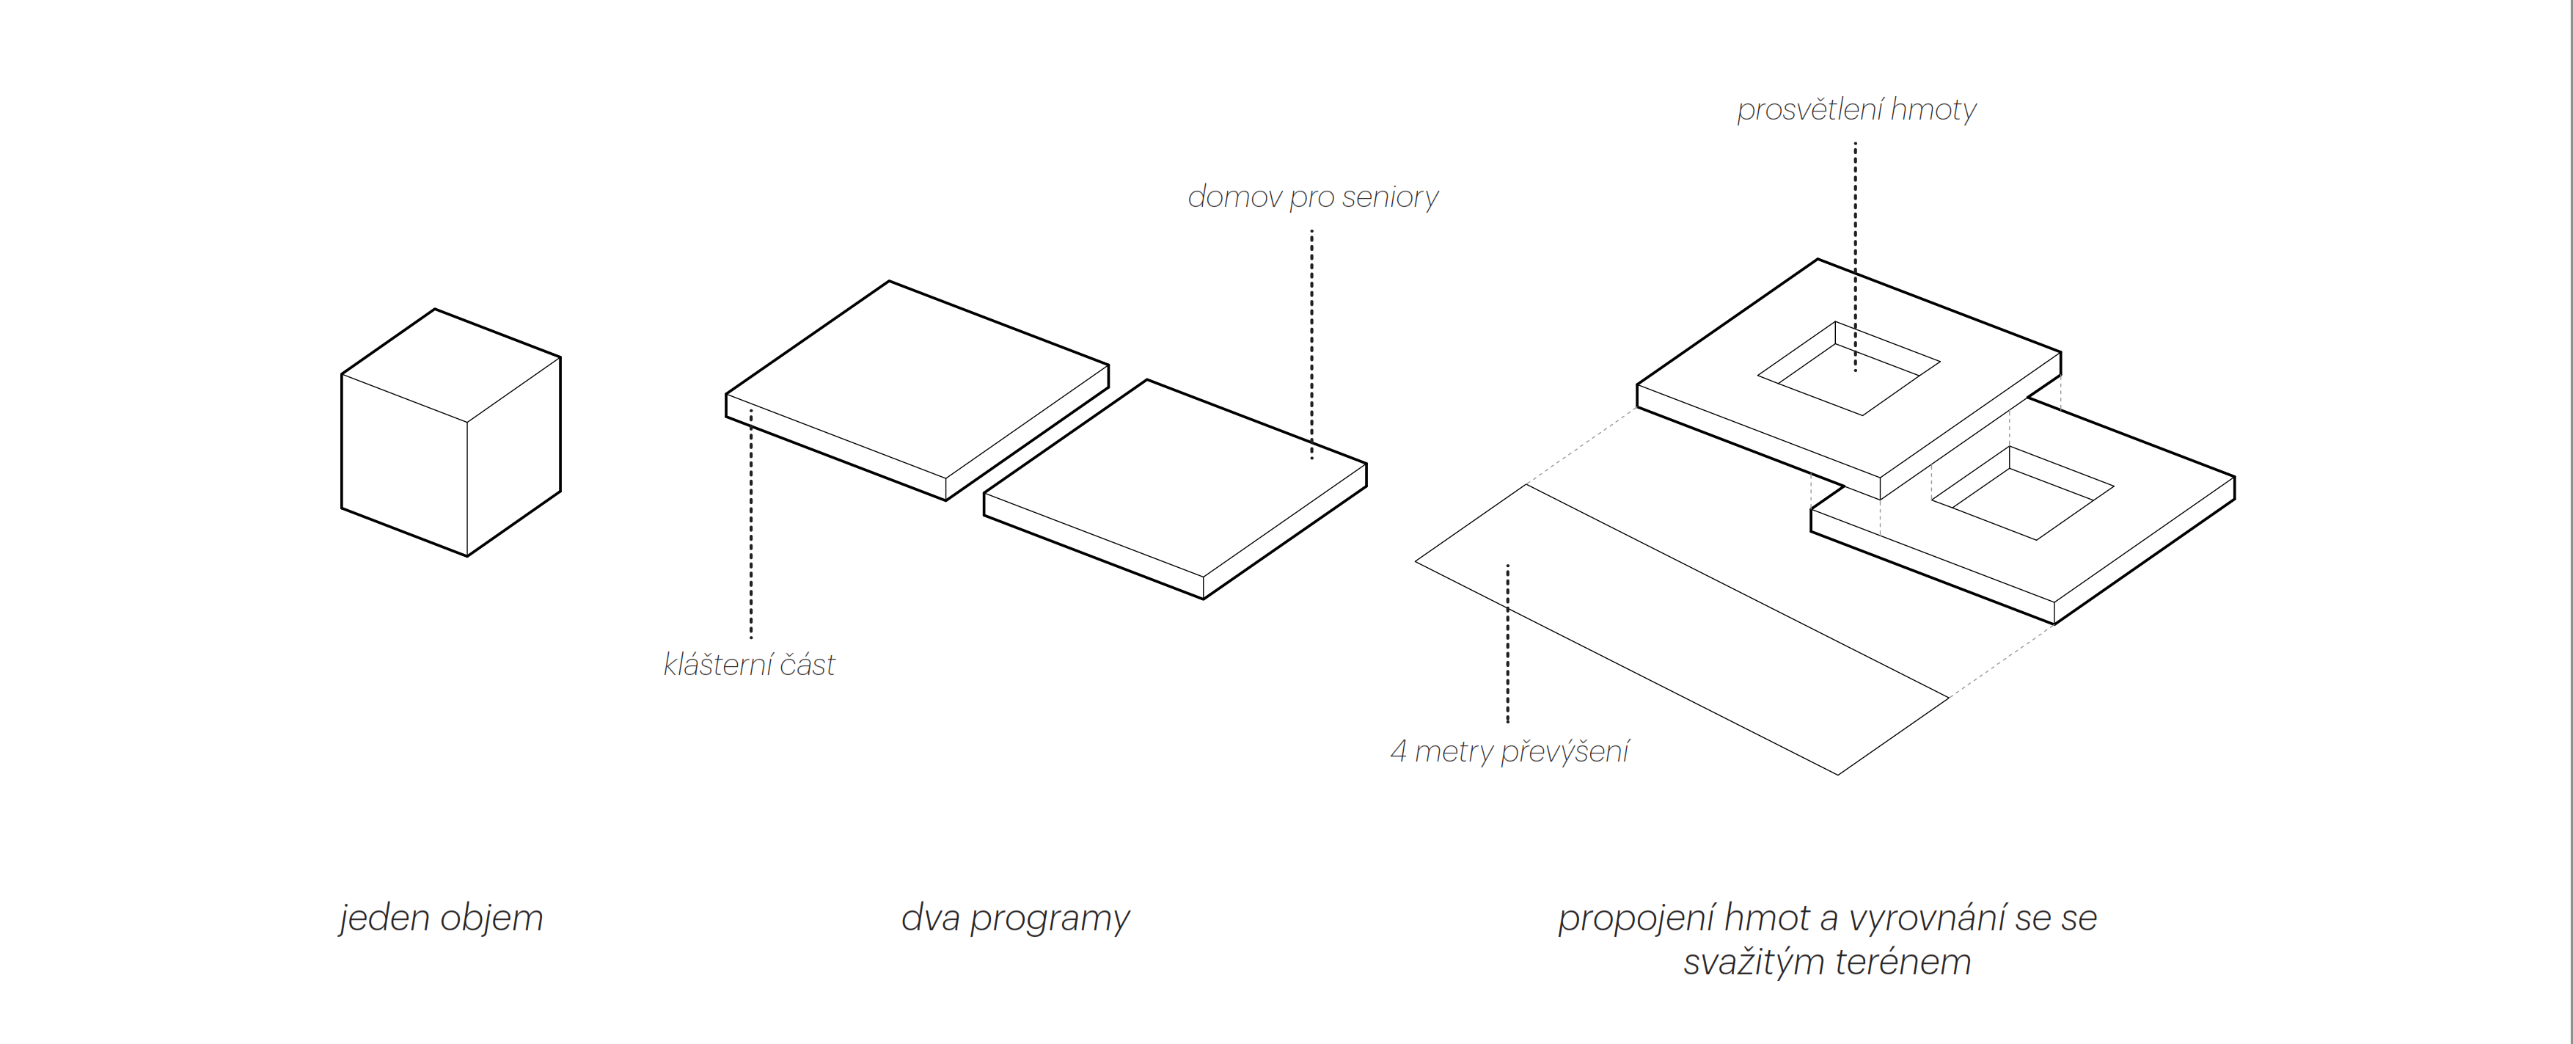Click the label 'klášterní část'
[749, 665]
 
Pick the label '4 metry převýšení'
[1509, 751]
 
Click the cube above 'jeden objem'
[450, 433]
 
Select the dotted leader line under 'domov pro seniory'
[1311, 345]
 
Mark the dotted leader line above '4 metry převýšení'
[1507, 643]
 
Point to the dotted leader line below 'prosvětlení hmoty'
[1855, 257]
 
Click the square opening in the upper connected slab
[1849, 368]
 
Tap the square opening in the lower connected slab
[2023, 494]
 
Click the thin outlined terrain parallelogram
[1682, 629]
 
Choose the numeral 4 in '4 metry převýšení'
[1399, 751]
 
